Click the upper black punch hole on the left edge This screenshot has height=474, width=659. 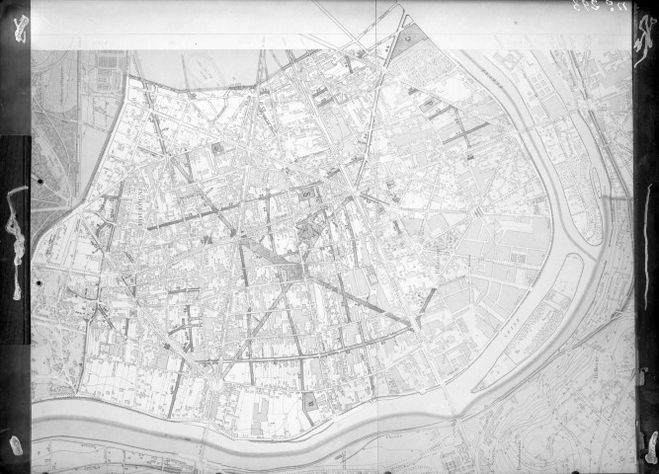38,181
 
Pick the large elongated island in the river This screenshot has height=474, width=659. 538,306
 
